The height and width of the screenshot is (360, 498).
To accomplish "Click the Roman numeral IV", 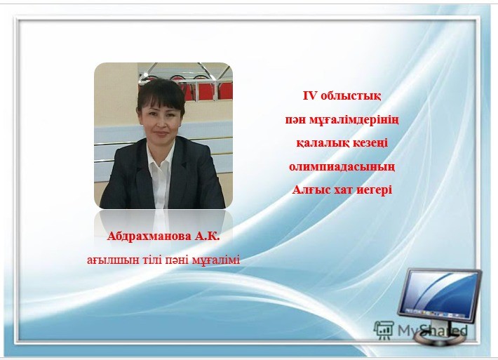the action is tap(310, 95).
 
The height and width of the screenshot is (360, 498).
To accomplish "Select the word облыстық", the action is tap(351, 95).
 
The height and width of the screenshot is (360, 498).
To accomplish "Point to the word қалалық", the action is tap(319, 143).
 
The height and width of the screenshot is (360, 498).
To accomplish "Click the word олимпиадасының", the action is tap(342, 167).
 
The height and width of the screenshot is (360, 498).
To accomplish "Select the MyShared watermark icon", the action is tap(384, 330).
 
